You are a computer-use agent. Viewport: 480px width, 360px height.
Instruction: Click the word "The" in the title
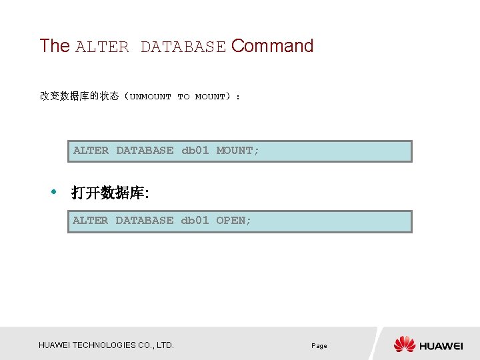point(55,46)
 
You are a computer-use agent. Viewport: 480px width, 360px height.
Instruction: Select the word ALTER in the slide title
point(102,47)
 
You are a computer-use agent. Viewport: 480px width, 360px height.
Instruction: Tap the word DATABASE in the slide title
point(183,47)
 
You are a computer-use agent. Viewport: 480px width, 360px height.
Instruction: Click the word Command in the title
point(272,46)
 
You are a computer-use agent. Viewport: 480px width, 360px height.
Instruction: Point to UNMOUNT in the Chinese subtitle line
point(151,97)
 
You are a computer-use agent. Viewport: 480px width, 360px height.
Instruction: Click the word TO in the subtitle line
point(183,97)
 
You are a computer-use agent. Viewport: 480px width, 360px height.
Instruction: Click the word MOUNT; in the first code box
point(238,151)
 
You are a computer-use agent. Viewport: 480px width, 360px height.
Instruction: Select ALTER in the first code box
point(91,151)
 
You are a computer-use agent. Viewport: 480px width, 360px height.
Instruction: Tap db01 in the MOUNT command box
point(195,151)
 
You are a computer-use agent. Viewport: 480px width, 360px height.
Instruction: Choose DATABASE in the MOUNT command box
point(145,151)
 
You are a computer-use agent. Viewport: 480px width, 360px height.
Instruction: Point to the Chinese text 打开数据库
point(109,193)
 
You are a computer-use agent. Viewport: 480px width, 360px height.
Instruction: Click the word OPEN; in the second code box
point(234,221)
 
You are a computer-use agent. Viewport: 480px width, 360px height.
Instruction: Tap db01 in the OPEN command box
point(195,221)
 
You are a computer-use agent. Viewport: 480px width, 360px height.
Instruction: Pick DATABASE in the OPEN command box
point(144,221)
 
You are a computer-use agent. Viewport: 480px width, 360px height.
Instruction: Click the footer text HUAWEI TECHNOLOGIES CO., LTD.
point(106,345)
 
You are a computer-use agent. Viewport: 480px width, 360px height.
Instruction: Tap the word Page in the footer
point(319,346)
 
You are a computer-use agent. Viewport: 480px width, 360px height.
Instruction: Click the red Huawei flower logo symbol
point(404,344)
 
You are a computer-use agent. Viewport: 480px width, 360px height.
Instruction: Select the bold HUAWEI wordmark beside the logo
point(441,346)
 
